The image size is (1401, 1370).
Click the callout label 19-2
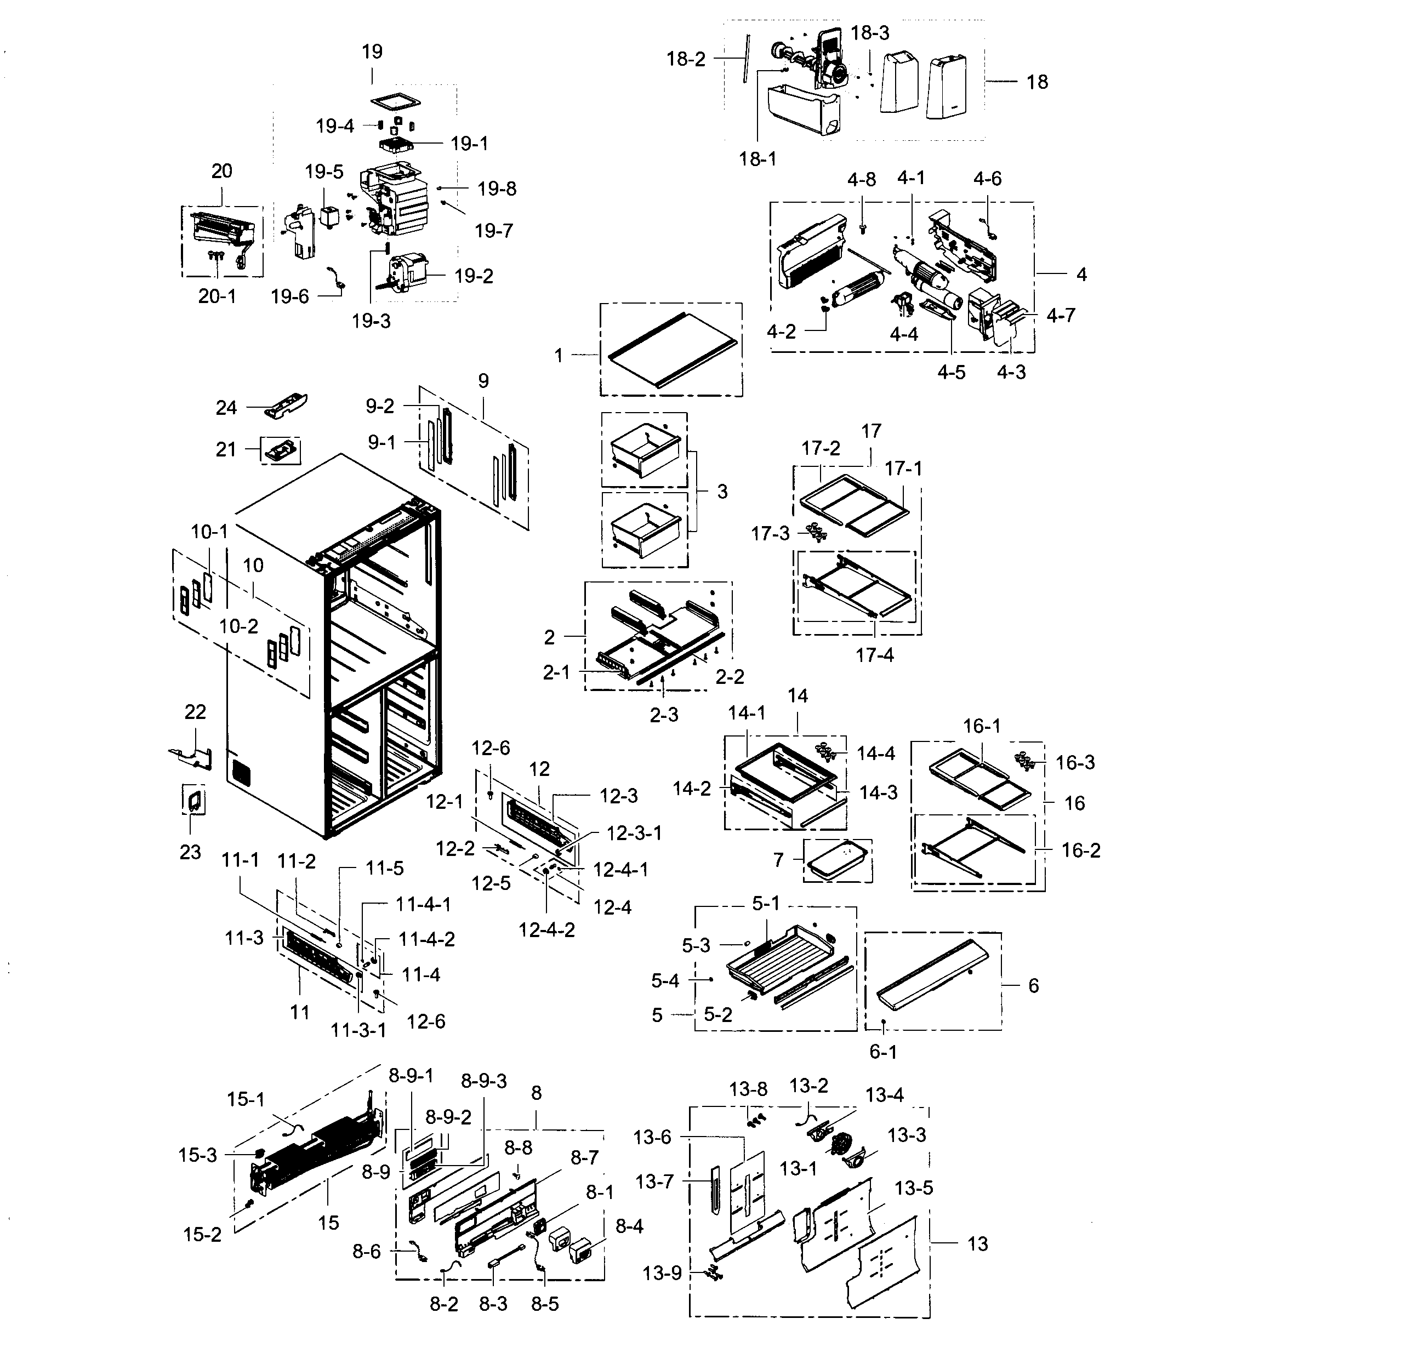click(473, 276)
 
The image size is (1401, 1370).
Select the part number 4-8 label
click(861, 180)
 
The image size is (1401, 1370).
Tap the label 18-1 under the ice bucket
click(758, 159)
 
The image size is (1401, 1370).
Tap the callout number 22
click(195, 712)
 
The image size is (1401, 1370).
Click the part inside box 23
click(193, 800)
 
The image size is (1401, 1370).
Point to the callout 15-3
click(197, 1156)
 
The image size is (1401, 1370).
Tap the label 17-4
click(874, 655)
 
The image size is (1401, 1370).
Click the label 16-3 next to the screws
click(1074, 763)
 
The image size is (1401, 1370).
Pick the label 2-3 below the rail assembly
click(663, 715)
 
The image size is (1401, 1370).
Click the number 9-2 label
click(379, 407)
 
